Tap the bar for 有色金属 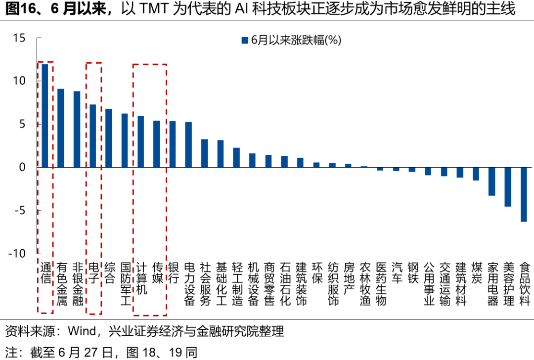point(61,128)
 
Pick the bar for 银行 point(173,144)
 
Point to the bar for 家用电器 point(491,181)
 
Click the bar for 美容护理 point(508,187)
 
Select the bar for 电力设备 point(188,144)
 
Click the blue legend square point(244,41)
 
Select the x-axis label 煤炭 point(476,272)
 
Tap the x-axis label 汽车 point(397,272)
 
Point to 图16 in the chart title point(17,10)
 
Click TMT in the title point(156,10)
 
